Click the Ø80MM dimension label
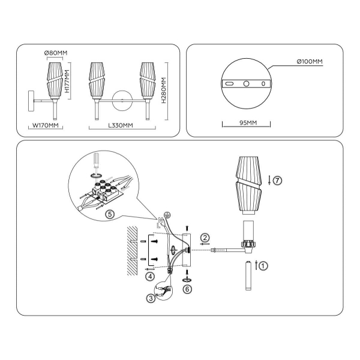coord(56,53)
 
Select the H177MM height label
coord(67,81)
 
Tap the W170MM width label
coord(46,125)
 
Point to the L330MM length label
coord(121,125)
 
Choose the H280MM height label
coord(164,90)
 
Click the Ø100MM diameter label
coord(310,62)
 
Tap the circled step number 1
coord(263,266)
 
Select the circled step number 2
coord(205,238)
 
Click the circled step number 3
coord(151,298)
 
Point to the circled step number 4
coord(150,277)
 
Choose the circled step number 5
coord(110,214)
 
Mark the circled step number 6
coord(187,289)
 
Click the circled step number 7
coord(277,181)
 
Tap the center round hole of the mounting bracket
coord(246,84)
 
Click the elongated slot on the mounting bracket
coord(229,84)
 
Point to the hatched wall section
coord(132,251)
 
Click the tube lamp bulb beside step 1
coord(248,275)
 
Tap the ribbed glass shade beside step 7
coord(248,185)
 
